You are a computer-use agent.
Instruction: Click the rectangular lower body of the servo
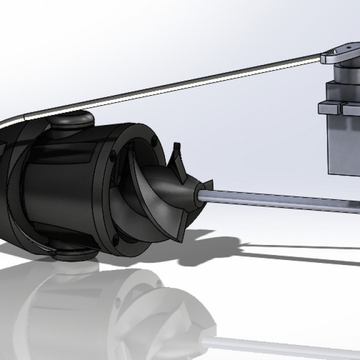(x=345, y=145)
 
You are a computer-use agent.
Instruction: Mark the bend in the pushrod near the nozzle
(x=20, y=117)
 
